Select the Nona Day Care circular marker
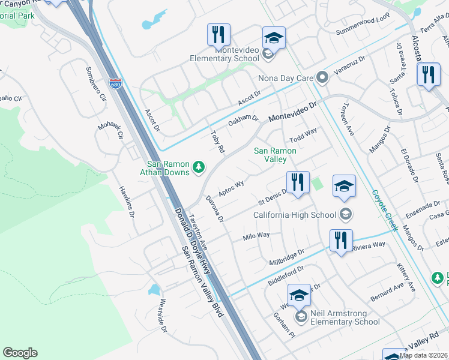pyautogui.click(x=322, y=77)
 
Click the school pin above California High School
pyautogui.click(x=344, y=186)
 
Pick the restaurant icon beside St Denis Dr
pyautogui.click(x=298, y=182)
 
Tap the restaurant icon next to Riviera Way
pyautogui.click(x=341, y=241)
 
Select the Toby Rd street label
pyautogui.click(x=217, y=142)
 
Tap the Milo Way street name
pyautogui.click(x=256, y=236)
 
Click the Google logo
pyautogui.click(x=20, y=353)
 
